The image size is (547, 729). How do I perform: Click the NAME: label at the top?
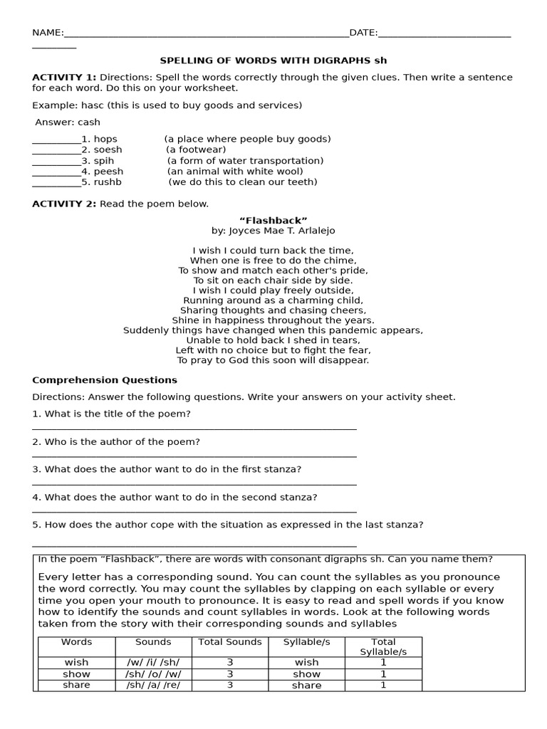pos(48,33)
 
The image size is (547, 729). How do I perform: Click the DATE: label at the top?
pos(363,33)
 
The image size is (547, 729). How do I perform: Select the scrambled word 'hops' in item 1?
pos(105,139)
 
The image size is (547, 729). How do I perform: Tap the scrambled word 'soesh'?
pos(108,150)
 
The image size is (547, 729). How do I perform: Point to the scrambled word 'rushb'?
pos(108,182)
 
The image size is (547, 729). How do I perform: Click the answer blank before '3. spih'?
pos(56,161)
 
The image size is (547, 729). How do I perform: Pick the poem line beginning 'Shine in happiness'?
pos(273,320)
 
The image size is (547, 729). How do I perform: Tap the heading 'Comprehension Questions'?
pos(105,380)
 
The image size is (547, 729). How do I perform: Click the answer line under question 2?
pos(194,456)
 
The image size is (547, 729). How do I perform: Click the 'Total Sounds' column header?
pos(230,642)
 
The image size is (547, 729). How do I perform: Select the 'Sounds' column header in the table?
pos(153,642)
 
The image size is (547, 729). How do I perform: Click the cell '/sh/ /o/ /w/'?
pos(153,673)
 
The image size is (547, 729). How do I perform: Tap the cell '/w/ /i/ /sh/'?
pos(153,662)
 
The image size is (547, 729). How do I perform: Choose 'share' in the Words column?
pos(76,685)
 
